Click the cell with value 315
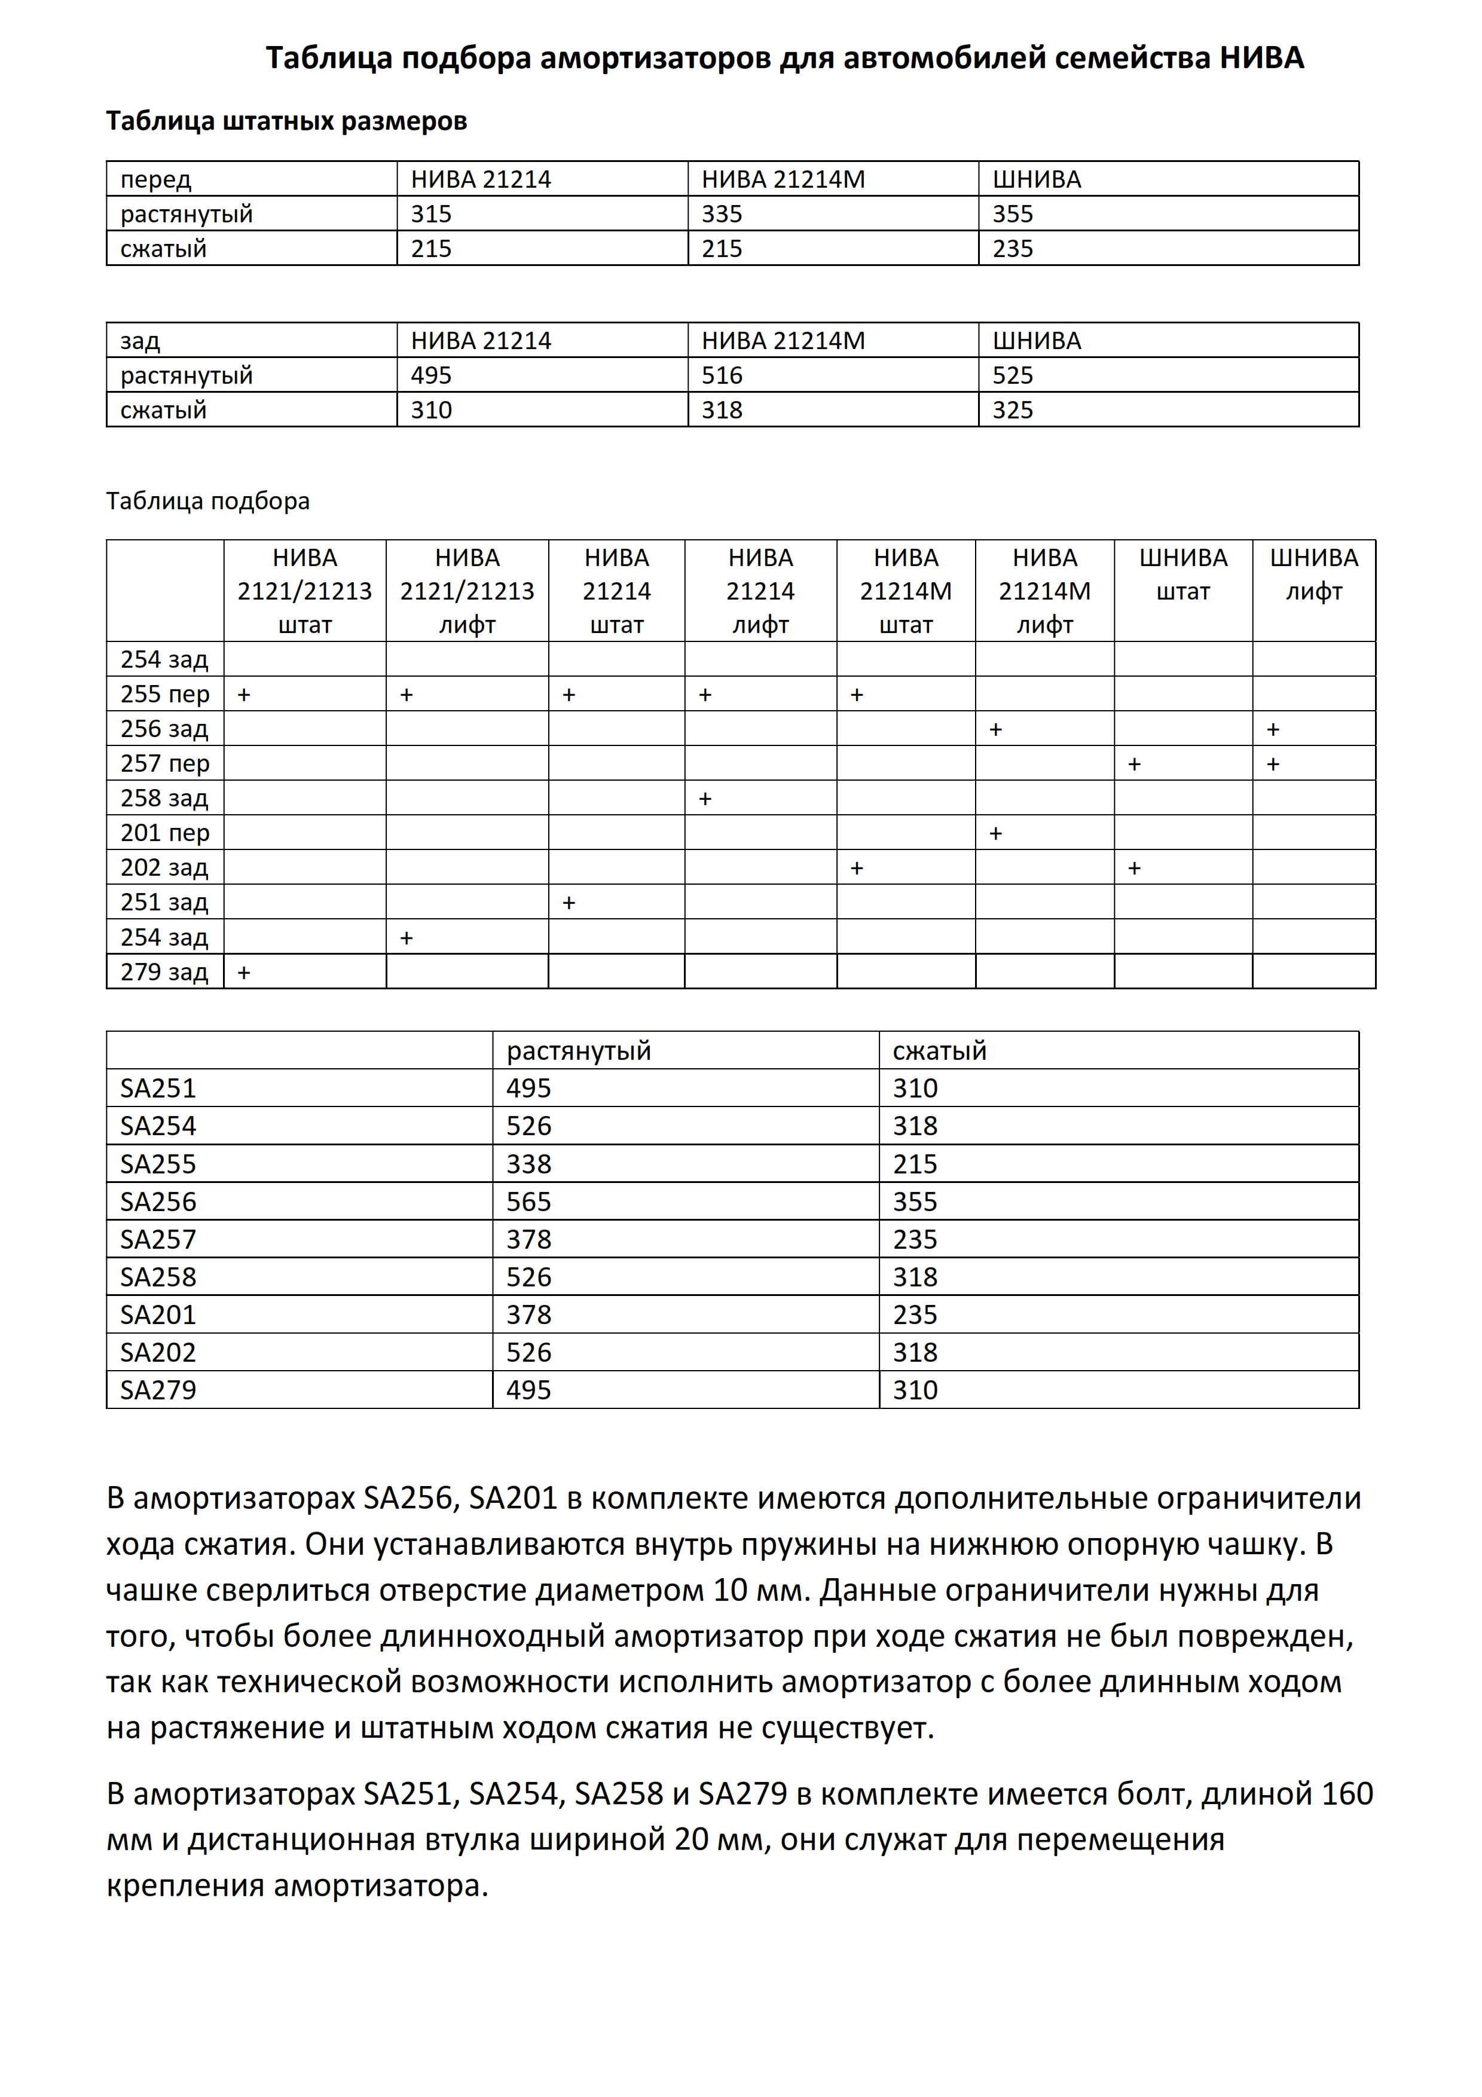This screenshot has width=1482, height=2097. pos(431,214)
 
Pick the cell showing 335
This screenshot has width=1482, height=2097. pos(722,214)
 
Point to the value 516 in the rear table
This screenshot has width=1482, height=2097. pos(722,375)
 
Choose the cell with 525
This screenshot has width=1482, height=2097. pos(1013,375)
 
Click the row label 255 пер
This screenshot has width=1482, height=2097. pos(165,694)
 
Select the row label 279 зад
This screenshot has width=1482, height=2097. pos(164,972)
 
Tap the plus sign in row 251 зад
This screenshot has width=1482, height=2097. pos(569,903)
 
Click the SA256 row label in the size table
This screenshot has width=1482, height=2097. pos(158,1202)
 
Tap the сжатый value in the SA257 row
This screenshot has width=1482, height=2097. pos(915,1239)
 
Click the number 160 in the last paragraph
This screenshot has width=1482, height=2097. pos(1346,1794)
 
